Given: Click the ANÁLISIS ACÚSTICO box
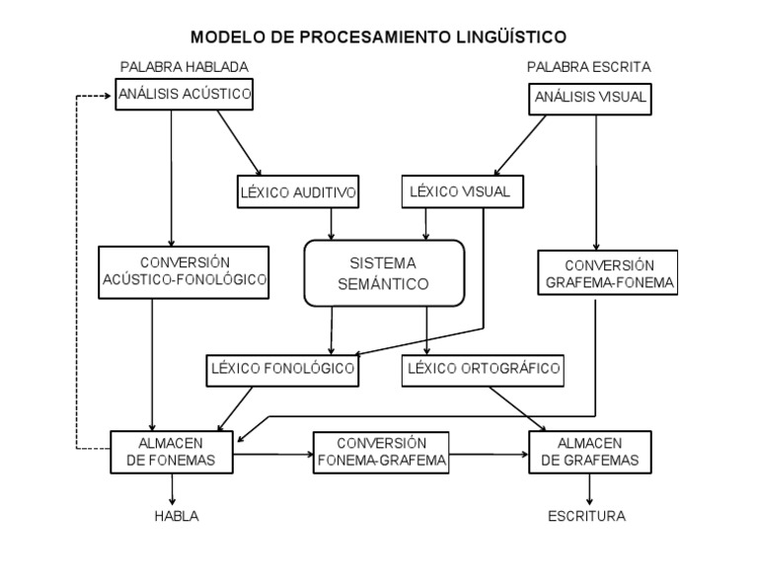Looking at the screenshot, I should (185, 95).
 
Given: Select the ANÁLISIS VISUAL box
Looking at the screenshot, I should (590, 97).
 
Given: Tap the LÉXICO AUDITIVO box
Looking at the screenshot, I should (296, 191).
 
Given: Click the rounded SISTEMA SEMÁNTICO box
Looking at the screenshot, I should (383, 273).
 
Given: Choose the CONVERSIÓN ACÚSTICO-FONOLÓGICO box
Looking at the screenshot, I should (185, 272).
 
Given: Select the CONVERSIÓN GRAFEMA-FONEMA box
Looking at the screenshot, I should (609, 274).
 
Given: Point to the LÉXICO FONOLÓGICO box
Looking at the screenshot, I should (281, 370).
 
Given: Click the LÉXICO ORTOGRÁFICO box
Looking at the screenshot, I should (484, 370).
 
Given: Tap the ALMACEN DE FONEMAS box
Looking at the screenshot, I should (172, 452).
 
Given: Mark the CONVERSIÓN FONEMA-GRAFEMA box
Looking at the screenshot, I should (381, 452).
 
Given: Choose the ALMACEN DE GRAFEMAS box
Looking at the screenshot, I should (591, 452).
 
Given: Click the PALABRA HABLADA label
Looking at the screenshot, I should (184, 67).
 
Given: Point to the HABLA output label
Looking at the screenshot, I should (177, 516).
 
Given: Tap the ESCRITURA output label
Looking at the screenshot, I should (586, 516).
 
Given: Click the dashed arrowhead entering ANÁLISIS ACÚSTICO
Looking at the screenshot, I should (110, 96).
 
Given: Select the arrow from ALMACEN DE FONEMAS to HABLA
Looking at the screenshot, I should (174, 489).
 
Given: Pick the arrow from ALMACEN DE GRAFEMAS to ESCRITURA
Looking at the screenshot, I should (590, 489).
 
